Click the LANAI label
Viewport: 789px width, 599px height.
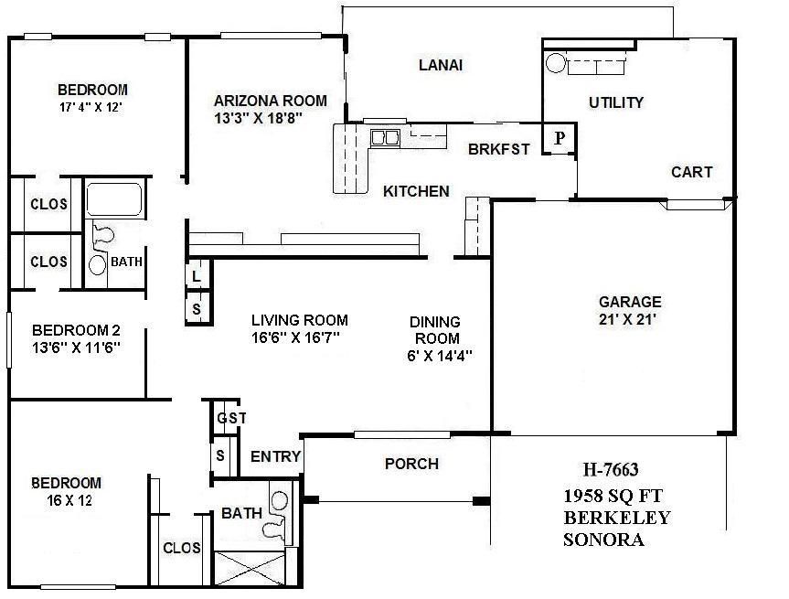[441, 65]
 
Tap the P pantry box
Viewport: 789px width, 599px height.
[560, 139]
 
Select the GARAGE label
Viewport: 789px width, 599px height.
[629, 302]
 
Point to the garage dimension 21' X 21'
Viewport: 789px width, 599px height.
[629, 319]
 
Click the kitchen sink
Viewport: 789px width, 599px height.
[384, 138]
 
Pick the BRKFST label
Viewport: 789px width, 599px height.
[498, 150]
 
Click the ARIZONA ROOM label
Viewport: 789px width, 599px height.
[270, 101]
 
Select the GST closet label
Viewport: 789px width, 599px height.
[231, 418]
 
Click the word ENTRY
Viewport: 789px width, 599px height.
[275, 457]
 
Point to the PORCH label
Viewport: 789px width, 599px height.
[411, 464]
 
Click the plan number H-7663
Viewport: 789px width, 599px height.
[610, 470]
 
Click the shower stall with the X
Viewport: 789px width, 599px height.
[249, 566]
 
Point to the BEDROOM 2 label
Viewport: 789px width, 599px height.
[77, 330]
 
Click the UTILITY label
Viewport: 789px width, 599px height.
[616, 102]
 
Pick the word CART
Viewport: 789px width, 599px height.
[691, 172]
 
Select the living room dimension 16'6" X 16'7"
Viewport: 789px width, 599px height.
[300, 337]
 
